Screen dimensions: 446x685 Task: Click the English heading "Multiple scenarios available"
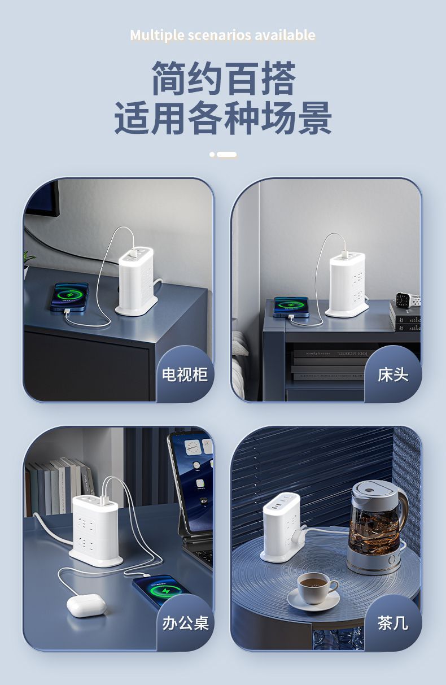[x=222, y=36]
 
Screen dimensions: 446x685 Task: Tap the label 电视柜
[x=185, y=374]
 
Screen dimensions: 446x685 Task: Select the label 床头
[x=393, y=374]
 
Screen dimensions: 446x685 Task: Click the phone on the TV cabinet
[x=69, y=296]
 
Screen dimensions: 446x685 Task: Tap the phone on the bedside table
[x=291, y=307]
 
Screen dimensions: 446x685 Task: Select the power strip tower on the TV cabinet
[x=136, y=281]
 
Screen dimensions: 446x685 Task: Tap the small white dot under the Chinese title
[x=212, y=154]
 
